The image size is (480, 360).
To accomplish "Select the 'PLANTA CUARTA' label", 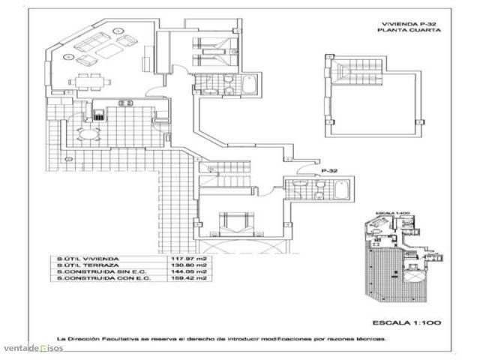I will [408, 31].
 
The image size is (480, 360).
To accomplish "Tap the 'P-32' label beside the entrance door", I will [327, 171].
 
